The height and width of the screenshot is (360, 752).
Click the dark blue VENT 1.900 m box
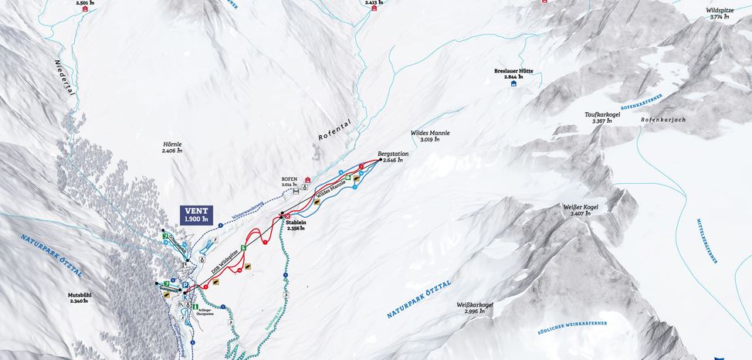[197, 215]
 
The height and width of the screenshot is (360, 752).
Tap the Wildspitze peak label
[720, 13]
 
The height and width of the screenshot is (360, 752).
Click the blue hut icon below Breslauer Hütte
[513, 83]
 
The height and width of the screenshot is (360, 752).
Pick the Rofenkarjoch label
[658, 120]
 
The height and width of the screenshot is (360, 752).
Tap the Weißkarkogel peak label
[475, 307]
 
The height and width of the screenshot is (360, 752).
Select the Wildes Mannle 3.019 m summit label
[430, 135]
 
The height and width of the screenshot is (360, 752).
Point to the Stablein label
[296, 225]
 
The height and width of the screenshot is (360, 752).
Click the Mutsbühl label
[77, 298]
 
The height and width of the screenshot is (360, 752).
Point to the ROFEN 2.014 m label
[290, 182]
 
